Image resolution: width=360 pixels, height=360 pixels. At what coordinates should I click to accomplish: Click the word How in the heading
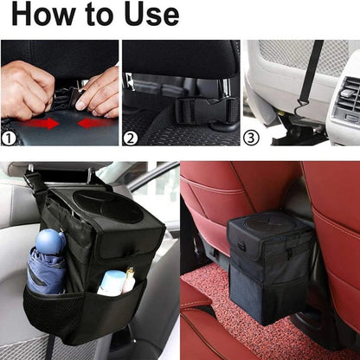pos(39,15)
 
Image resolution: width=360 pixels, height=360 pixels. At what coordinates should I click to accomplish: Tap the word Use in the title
pos(147,15)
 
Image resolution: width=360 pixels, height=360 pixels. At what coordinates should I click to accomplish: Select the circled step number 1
pos(10,137)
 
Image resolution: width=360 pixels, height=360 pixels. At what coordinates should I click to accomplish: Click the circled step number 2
pos(131,137)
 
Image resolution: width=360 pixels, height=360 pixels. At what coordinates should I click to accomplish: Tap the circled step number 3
pos(251,137)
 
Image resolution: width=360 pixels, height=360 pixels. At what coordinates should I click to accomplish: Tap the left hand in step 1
pos(26,87)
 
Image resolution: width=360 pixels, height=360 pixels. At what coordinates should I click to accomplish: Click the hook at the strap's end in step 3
pos(304,106)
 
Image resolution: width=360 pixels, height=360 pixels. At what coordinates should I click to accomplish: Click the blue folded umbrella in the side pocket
pos(47,268)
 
